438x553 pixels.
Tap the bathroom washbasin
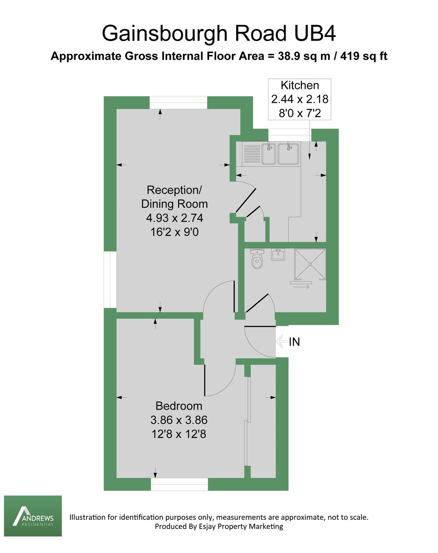(278, 254)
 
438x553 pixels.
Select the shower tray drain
(310, 265)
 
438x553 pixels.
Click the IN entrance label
(295, 342)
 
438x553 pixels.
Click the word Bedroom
(179, 406)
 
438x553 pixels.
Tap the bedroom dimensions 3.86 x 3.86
(179, 420)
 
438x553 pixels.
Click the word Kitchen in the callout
(299, 85)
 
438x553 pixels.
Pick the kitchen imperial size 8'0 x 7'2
(299, 113)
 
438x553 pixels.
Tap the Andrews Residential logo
(33, 516)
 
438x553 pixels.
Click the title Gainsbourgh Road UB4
(219, 34)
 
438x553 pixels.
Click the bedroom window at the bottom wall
(179, 484)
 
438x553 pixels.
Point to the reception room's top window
(178, 103)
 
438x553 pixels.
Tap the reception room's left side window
(110, 280)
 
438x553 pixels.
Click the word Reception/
(174, 190)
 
